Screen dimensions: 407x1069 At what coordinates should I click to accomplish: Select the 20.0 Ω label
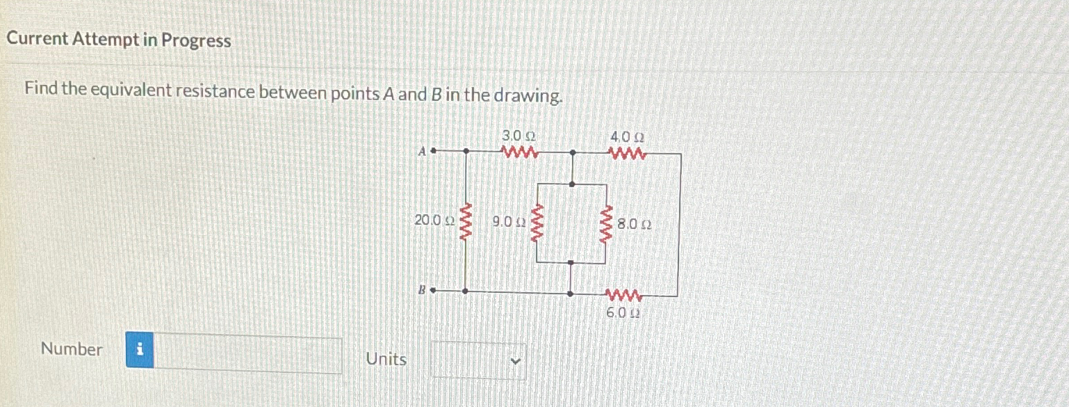[434, 221]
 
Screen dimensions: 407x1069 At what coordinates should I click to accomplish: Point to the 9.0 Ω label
[507, 223]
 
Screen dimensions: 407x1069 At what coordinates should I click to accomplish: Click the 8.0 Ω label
[634, 225]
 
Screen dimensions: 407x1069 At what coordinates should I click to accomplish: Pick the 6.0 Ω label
[623, 313]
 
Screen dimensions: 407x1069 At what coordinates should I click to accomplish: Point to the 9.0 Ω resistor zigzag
[537, 223]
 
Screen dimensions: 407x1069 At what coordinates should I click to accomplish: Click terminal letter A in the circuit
[422, 150]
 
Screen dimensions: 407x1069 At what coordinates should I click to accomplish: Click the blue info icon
[140, 351]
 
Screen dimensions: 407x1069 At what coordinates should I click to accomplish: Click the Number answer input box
[247, 354]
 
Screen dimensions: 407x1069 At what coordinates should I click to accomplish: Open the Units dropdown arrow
[515, 360]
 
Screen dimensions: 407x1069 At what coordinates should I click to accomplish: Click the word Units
[386, 359]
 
